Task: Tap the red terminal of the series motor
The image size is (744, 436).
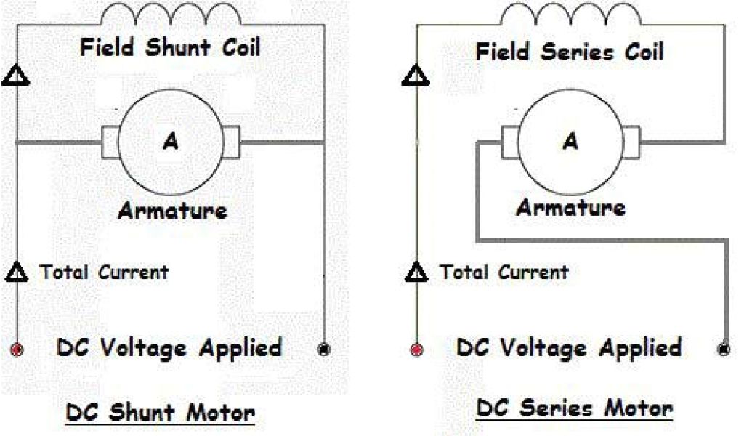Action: coord(416,349)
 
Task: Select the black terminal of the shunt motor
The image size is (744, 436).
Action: coord(324,349)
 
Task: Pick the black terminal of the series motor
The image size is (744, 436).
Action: coord(724,349)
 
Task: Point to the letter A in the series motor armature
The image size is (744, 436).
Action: coord(570,142)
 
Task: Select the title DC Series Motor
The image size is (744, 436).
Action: coord(574,408)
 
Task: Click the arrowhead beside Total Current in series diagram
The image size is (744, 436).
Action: coord(416,273)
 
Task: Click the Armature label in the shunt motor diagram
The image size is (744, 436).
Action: coord(172,211)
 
